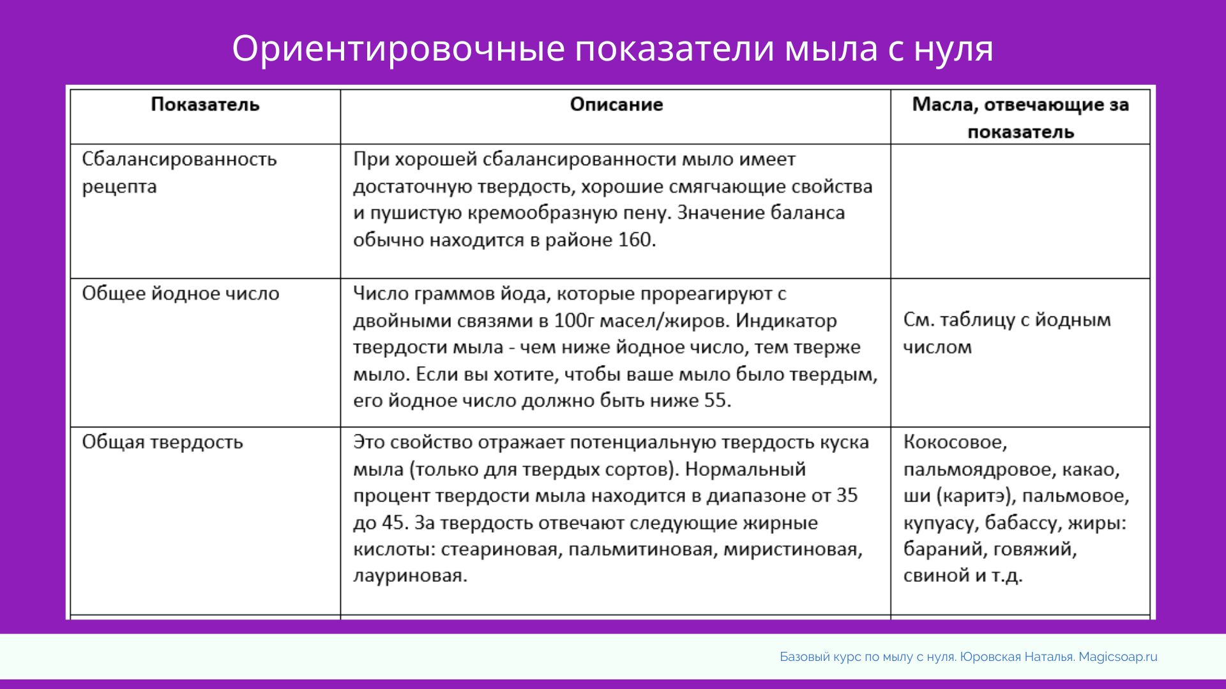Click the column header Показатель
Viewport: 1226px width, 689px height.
(x=205, y=105)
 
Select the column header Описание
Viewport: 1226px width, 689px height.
(x=616, y=105)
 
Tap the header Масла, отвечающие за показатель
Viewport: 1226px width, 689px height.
(x=1020, y=118)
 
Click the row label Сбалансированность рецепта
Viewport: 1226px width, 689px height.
(x=179, y=172)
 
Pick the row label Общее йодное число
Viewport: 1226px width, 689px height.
(x=181, y=293)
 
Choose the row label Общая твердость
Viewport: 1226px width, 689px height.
(x=162, y=442)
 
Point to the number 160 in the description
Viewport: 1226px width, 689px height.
(x=635, y=240)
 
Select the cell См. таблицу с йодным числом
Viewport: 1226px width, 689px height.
(x=1007, y=333)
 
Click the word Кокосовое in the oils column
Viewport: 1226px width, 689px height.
(x=955, y=442)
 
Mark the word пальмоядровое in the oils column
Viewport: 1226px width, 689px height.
(x=979, y=470)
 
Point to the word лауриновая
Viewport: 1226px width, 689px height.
(x=410, y=575)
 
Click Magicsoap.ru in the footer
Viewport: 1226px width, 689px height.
(x=1118, y=657)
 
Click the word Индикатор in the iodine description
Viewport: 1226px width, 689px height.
(x=786, y=320)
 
